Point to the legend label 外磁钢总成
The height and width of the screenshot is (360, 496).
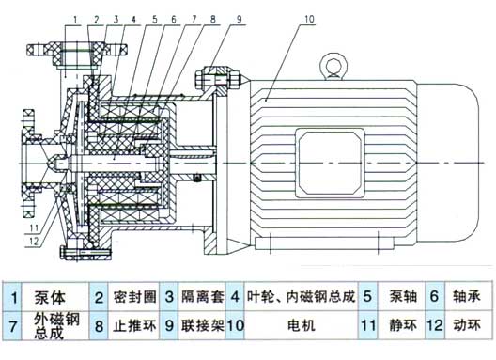(x=55, y=329)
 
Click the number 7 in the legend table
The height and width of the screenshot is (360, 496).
(x=13, y=329)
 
